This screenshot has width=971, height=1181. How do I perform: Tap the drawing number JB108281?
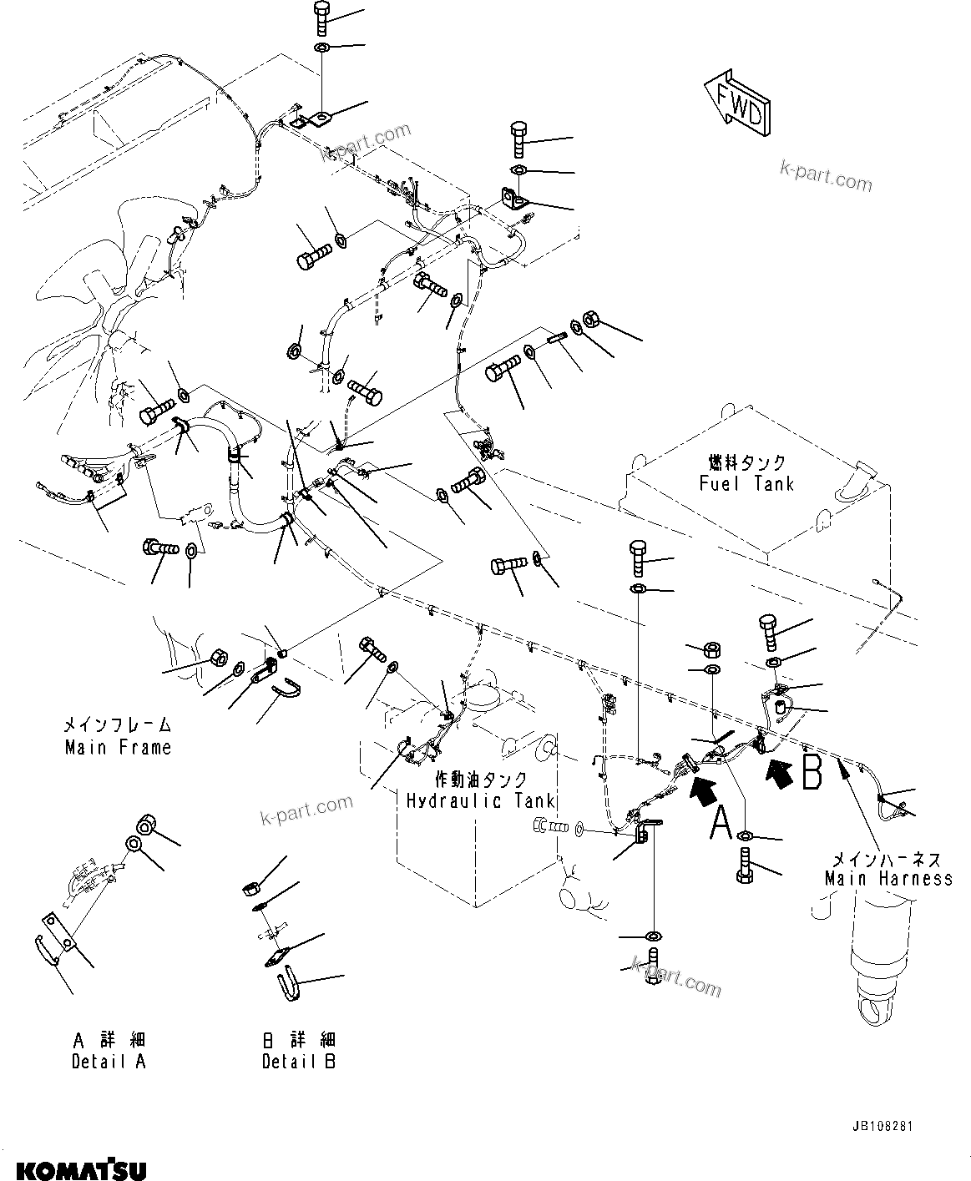pos(882,1127)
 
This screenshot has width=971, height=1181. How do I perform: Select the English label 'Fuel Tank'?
pos(746,483)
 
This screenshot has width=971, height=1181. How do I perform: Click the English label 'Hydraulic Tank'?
pos(481,800)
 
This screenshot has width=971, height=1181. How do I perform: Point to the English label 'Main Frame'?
pos(118,747)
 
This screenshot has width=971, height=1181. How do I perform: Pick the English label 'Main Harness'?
pos(888,878)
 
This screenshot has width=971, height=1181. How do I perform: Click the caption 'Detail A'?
pos(109,1062)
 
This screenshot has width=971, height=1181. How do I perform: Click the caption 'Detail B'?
pos(298,1062)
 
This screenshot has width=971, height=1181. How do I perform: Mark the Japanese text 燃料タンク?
pos(746,462)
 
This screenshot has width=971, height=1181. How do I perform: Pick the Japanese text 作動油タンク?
pos(481,780)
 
